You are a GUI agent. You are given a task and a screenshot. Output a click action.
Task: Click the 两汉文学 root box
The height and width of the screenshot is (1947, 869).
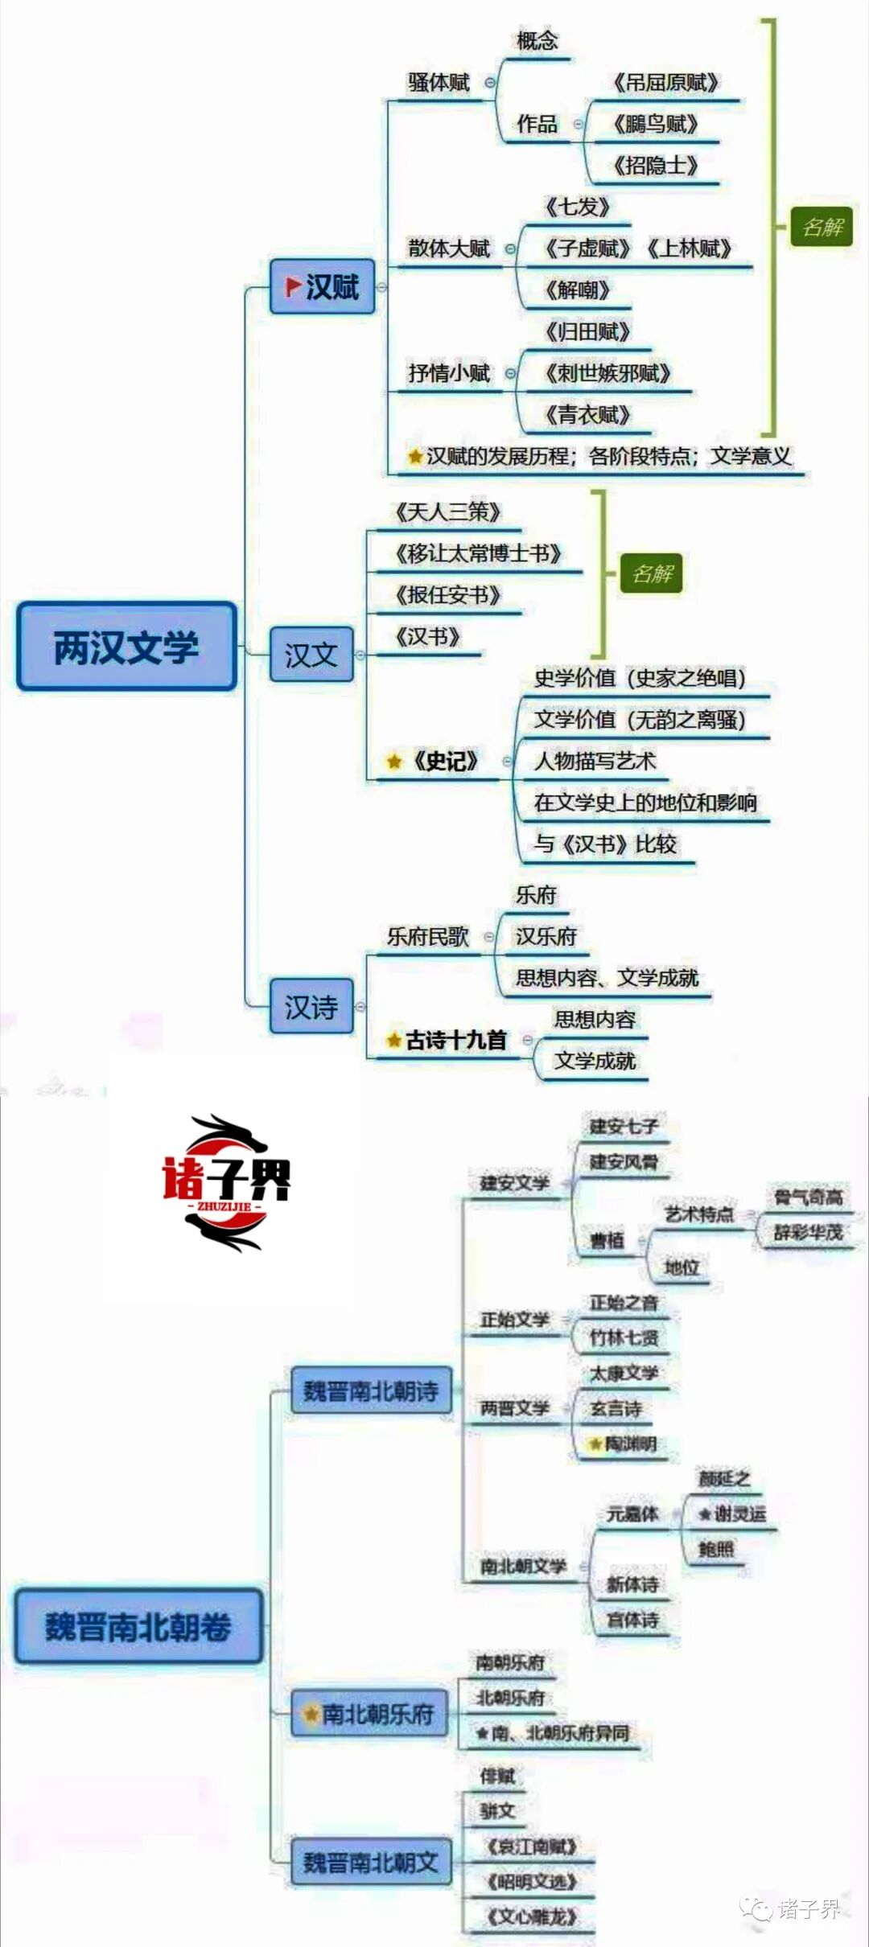(x=126, y=647)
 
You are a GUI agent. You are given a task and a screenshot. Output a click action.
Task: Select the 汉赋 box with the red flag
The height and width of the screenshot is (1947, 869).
(x=323, y=286)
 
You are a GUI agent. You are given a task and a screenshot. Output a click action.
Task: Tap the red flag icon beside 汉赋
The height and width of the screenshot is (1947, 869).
(x=294, y=285)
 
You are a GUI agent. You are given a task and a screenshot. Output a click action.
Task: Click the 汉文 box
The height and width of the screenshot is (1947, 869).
(x=311, y=655)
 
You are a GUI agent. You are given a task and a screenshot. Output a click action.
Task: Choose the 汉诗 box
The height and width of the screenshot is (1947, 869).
(x=311, y=1006)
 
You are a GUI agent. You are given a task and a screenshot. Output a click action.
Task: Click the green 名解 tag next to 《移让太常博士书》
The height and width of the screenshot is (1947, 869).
(x=652, y=573)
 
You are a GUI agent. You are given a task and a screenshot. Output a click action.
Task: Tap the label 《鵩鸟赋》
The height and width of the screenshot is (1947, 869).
(x=655, y=124)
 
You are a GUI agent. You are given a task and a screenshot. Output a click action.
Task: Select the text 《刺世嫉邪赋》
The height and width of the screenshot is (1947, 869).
(x=607, y=373)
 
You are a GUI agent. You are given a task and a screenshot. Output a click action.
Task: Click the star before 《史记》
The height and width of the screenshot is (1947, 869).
(x=394, y=761)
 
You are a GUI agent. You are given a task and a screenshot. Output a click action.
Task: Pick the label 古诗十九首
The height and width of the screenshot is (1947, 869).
(x=455, y=1040)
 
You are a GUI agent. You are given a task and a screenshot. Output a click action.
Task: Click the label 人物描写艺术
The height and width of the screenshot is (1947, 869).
(x=595, y=761)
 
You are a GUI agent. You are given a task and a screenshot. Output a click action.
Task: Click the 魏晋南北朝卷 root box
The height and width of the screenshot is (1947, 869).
(x=138, y=1626)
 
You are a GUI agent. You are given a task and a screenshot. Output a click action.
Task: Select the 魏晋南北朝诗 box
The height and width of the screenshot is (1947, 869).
(x=371, y=1390)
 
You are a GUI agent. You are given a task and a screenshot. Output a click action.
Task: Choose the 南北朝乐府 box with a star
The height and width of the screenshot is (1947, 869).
(x=369, y=1714)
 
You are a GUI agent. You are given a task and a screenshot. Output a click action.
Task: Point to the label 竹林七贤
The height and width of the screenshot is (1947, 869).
(x=624, y=1337)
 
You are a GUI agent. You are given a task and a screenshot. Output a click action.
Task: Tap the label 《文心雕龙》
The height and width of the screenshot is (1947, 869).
(x=532, y=1916)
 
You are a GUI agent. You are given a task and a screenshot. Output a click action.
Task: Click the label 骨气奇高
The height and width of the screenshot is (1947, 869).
(x=808, y=1197)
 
